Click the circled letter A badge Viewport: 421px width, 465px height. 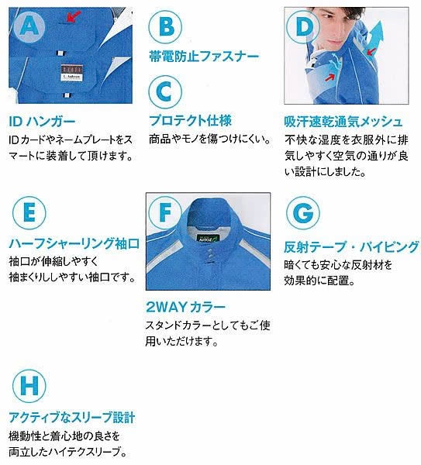point(29,26)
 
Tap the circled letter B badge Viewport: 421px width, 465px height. point(165,26)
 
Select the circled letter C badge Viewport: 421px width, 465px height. point(165,91)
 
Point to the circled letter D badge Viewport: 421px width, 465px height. point(303,26)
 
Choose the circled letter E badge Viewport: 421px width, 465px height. point(29,212)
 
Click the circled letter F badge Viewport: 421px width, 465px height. point(165,212)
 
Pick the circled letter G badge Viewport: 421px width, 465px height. point(303,212)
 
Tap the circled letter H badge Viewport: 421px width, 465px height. point(29,385)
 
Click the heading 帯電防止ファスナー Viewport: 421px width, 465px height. point(204,57)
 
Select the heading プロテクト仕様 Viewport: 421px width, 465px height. point(190,121)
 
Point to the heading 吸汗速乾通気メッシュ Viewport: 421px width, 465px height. point(343,122)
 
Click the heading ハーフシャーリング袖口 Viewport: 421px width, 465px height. point(74,244)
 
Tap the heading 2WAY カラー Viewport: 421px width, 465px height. point(186,307)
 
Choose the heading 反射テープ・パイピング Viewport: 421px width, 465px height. point(351,246)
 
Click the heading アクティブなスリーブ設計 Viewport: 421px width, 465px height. point(72,418)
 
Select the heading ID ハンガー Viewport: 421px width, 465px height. point(42,122)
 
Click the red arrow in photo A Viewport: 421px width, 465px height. point(74,16)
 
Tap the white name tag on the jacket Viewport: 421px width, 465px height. point(72,77)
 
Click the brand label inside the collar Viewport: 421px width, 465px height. point(208,238)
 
